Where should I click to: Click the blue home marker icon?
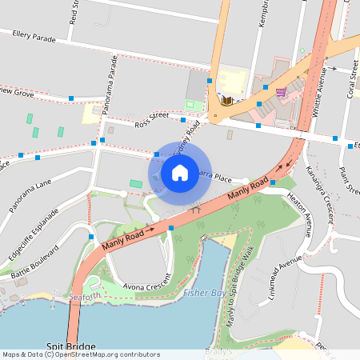coord(179,172)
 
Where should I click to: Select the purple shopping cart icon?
coord(281,91)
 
